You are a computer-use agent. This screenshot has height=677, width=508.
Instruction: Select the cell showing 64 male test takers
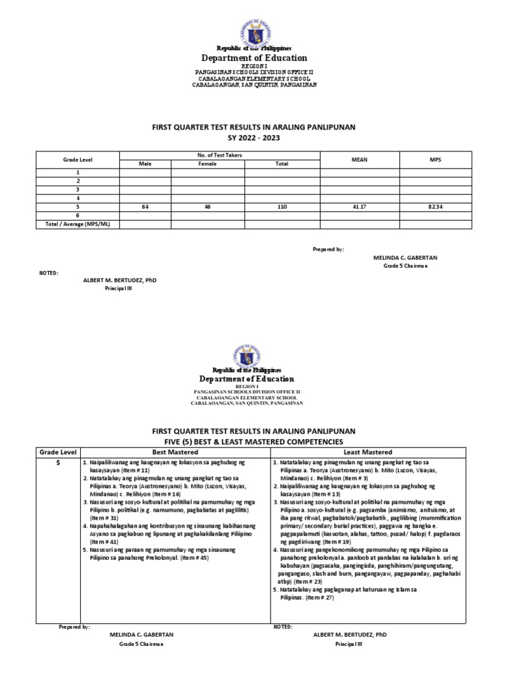point(144,207)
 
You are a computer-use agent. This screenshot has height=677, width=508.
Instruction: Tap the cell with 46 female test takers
point(207,207)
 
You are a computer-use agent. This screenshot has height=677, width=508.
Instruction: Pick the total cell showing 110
point(282,207)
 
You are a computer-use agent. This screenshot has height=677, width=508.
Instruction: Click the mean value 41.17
point(359,207)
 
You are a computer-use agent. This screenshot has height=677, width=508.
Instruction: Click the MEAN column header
point(359,159)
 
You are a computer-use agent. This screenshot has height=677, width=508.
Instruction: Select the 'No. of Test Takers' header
point(219,155)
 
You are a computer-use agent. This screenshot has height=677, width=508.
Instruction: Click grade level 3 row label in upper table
point(78,188)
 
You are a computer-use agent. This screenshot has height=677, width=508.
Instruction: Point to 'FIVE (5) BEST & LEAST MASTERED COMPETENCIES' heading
point(254,441)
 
